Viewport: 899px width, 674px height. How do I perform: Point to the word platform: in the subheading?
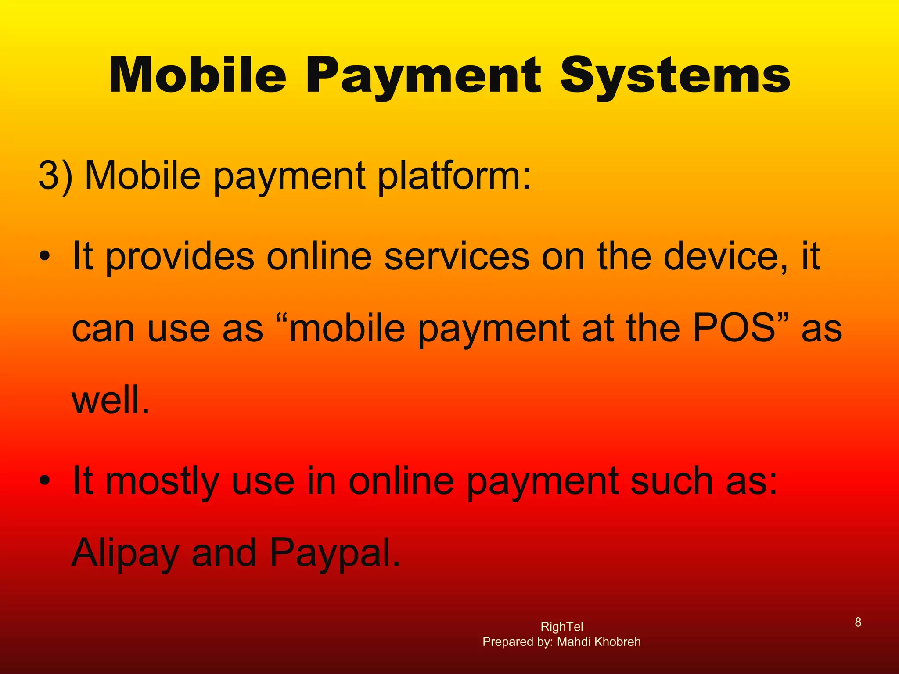pos(454,176)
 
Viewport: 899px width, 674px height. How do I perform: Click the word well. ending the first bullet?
pos(111,400)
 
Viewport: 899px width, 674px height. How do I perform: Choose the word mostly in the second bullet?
pos(162,482)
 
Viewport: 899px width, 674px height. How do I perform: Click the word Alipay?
pos(126,553)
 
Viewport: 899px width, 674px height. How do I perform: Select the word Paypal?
pos(334,553)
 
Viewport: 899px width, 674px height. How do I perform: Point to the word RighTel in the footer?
pos(562,627)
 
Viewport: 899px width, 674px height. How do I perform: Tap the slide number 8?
pos(858,622)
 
